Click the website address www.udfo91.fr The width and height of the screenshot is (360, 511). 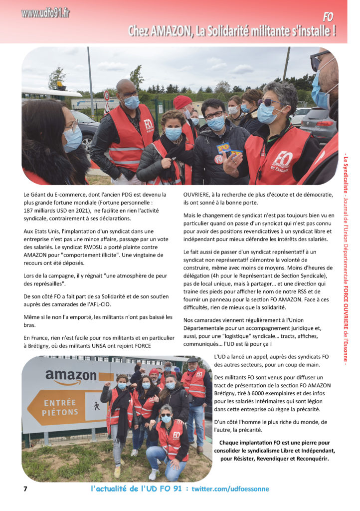[x=45, y=13]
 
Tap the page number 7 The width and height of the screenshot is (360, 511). [x=25, y=489]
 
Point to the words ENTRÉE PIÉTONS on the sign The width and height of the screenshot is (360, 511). [x=60, y=407]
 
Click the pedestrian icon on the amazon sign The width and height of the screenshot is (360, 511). [x=96, y=406]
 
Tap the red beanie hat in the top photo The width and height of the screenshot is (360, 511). [x=182, y=102]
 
